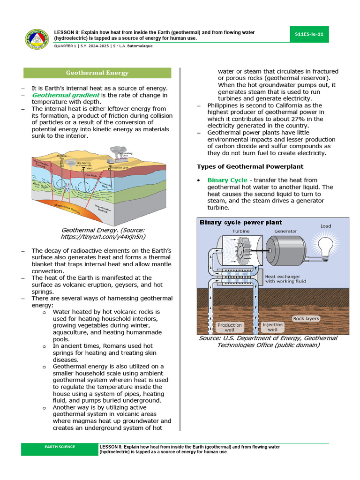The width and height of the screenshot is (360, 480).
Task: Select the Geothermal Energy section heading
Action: click(97, 73)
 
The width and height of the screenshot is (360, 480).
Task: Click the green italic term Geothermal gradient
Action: click(65, 95)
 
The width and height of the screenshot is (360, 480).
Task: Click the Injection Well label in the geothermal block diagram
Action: click(120, 167)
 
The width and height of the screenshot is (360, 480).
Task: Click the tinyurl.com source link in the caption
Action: click(103, 237)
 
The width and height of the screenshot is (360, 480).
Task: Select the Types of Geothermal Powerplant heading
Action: click(250, 166)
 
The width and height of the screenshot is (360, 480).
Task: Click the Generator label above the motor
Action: click(285, 232)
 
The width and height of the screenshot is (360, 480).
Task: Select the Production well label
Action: click(229, 327)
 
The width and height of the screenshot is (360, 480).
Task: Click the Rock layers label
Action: click(306, 319)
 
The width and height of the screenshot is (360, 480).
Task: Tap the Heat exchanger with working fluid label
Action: click(286, 279)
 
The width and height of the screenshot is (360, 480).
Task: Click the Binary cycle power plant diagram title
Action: click(241, 222)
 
